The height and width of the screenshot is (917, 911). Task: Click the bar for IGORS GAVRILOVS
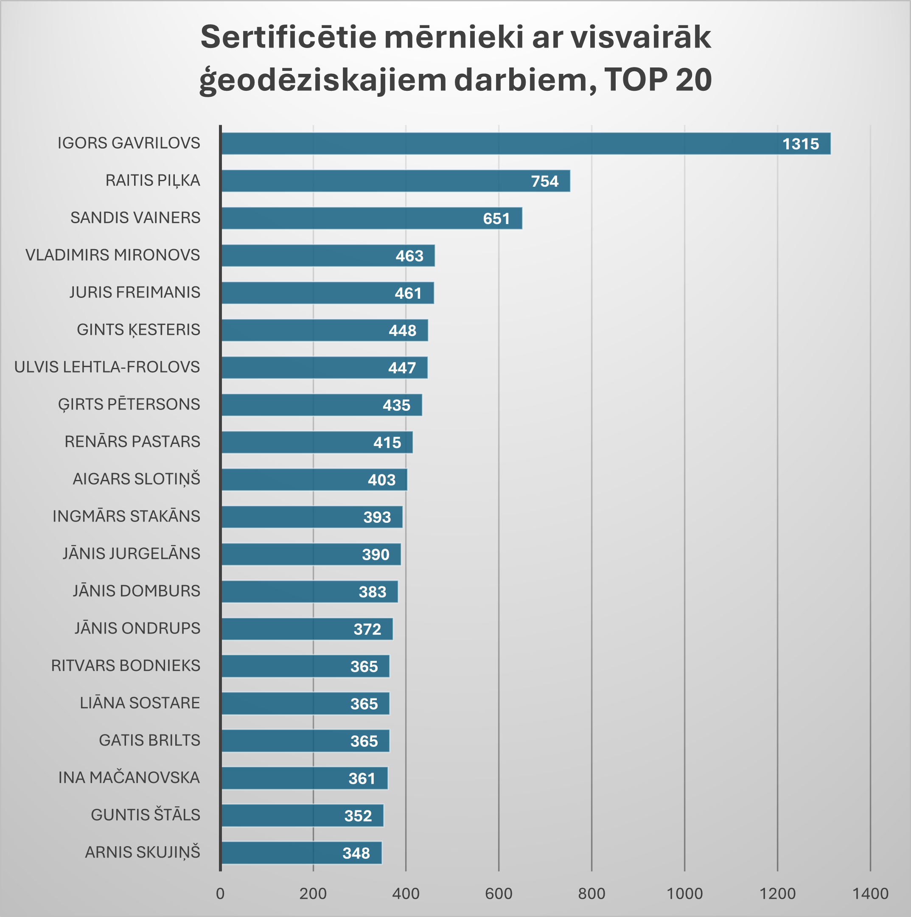(499, 143)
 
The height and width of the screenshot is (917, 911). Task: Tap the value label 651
(496, 219)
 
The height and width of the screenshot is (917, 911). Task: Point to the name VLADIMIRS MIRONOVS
(112, 255)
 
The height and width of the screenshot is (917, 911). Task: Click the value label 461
(408, 293)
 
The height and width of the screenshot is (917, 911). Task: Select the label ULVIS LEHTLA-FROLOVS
(107, 367)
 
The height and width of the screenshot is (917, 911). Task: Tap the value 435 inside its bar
(396, 405)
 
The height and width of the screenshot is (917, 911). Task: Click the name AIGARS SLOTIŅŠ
(136, 479)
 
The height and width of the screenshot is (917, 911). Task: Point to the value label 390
(375, 554)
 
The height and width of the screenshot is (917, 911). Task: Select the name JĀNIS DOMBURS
(136, 591)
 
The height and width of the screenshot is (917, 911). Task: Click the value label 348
(356, 853)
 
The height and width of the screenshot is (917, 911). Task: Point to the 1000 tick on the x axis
(684, 894)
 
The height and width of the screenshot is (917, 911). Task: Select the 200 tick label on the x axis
(313, 894)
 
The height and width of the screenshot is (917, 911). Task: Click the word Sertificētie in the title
(288, 37)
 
